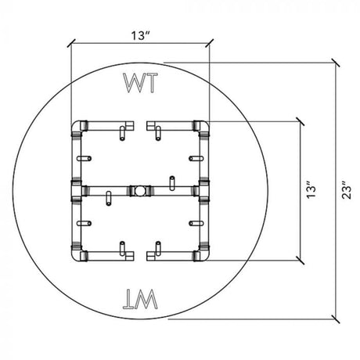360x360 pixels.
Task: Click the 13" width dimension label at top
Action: pos(140,34)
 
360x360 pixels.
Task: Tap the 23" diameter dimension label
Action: pos(347,189)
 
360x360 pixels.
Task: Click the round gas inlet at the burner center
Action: pos(139,190)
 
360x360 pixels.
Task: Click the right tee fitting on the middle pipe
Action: pos(202,190)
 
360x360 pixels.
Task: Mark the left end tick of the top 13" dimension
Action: pos(71,43)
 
